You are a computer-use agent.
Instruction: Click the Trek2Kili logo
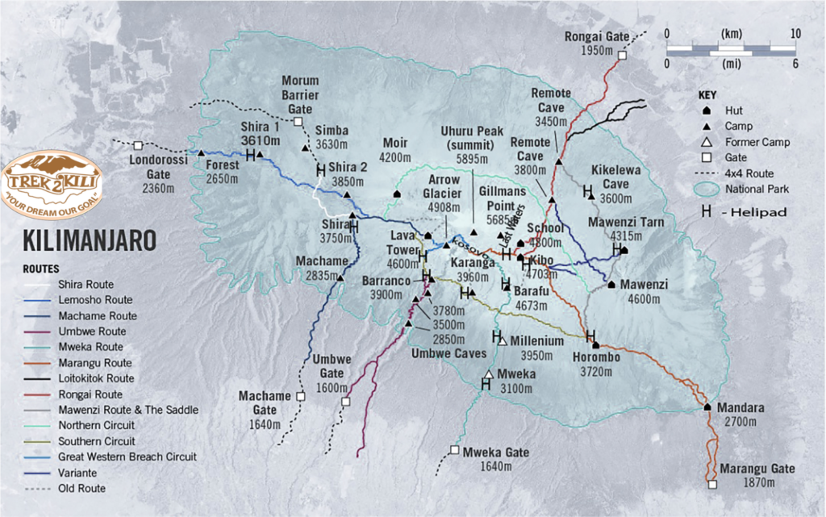click(53, 183)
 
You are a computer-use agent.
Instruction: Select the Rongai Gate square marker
click(622, 55)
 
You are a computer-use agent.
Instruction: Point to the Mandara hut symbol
click(707, 407)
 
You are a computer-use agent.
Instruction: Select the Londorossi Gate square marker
click(138, 145)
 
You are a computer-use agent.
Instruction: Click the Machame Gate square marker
click(301, 397)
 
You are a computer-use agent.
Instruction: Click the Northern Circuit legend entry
click(96, 425)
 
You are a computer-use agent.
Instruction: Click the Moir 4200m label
click(396, 149)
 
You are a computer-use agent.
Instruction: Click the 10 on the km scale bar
click(795, 33)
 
